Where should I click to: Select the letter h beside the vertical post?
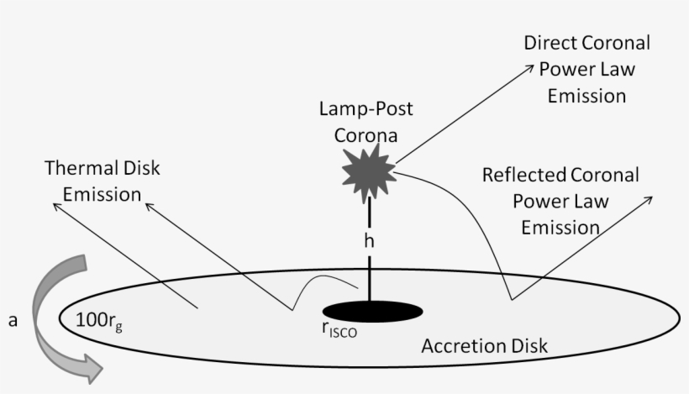tap(368, 241)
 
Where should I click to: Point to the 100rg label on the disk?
tap(103, 318)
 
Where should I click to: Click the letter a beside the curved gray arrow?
tap(13, 320)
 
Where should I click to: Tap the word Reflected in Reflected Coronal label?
tap(521, 176)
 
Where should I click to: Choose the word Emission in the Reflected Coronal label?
tap(560, 228)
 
